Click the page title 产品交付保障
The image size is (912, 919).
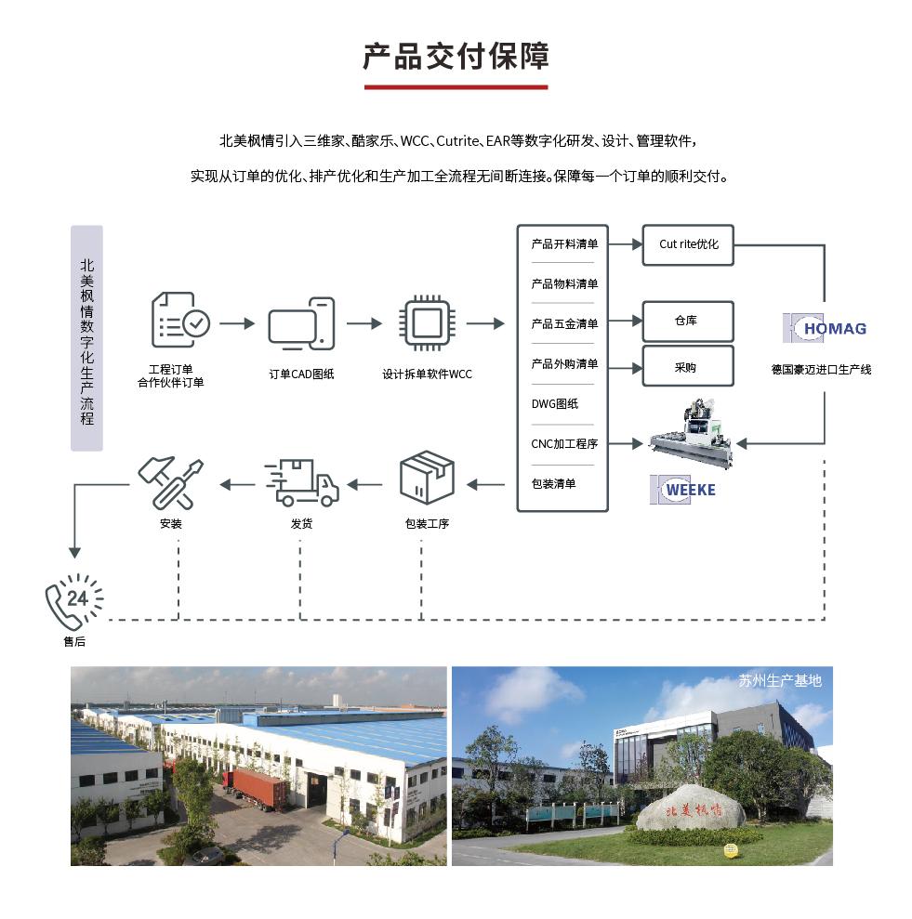point(456,57)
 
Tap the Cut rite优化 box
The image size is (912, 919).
point(688,245)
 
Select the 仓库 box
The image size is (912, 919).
point(688,322)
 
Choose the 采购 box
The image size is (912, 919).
point(688,366)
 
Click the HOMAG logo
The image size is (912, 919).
point(825,328)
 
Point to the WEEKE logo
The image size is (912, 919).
point(682,490)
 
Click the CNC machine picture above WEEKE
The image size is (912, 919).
point(691,433)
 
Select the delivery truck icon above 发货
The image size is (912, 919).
point(301,482)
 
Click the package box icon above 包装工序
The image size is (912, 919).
point(427,477)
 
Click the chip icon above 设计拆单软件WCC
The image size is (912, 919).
point(427,323)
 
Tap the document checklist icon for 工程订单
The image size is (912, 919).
point(180,320)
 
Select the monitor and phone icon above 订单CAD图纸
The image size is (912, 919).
point(301,323)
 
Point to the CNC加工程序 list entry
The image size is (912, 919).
point(564,443)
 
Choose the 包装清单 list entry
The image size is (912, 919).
point(554,483)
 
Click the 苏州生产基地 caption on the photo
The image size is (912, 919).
point(780,680)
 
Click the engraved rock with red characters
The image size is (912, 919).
point(691,808)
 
